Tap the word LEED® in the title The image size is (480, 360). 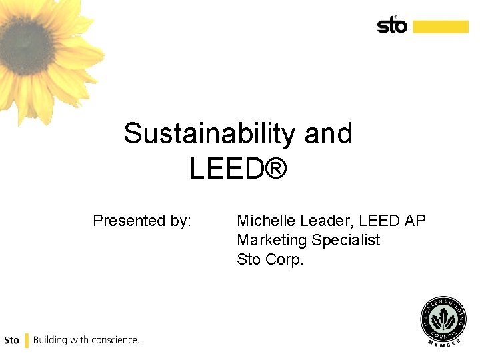238,169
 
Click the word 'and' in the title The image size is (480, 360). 328,133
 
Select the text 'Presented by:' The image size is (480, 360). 142,221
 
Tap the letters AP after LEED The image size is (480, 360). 413,221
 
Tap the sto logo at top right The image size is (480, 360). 392,25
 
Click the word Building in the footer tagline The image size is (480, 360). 49,340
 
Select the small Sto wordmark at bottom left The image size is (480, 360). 11,340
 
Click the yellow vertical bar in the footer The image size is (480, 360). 27,340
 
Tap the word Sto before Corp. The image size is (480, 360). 249,259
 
